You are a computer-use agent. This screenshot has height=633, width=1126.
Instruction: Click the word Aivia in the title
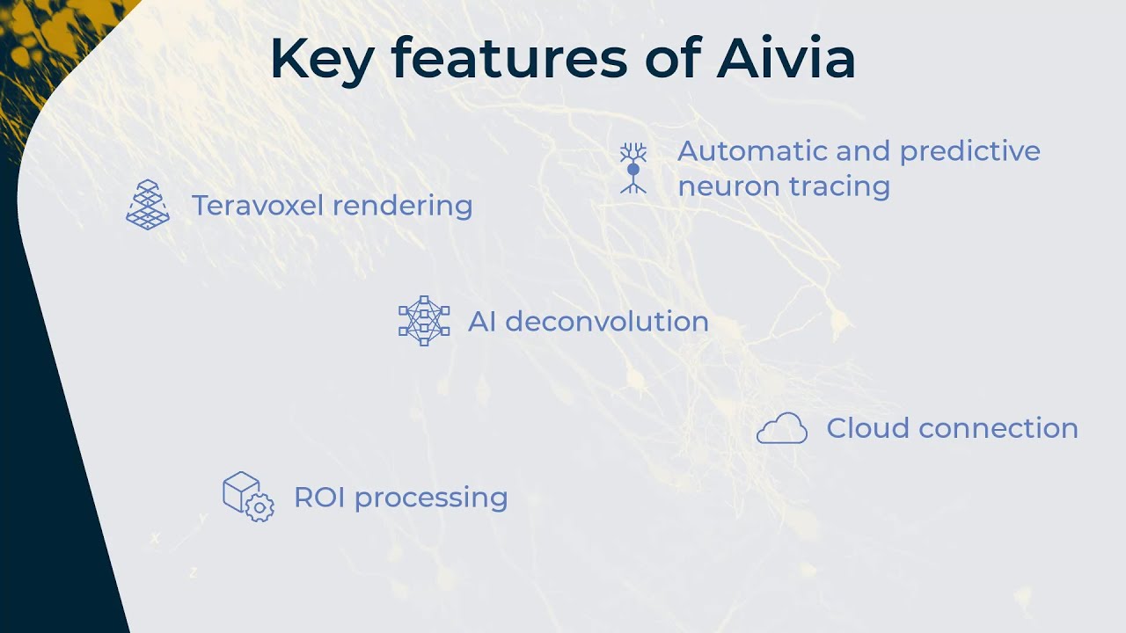[786, 58]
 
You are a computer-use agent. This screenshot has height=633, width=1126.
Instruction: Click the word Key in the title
[322, 62]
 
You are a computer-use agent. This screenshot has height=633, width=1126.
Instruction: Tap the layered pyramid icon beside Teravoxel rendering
[148, 205]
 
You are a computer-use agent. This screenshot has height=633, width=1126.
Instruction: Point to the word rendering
[403, 206]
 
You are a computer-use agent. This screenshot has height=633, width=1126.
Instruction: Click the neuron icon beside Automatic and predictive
[632, 168]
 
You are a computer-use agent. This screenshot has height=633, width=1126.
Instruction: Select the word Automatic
[752, 150]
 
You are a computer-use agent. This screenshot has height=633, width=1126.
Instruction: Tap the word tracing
[839, 187]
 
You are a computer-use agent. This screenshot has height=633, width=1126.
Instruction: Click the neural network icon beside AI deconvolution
[424, 321]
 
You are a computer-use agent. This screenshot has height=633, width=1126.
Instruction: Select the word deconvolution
[607, 321]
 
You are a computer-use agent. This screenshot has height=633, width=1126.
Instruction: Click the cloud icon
[782, 428]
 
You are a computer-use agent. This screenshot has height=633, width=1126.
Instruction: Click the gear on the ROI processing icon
[260, 507]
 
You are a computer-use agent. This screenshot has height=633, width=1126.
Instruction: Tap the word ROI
[319, 498]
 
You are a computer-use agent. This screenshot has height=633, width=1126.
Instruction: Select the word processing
[431, 498]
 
